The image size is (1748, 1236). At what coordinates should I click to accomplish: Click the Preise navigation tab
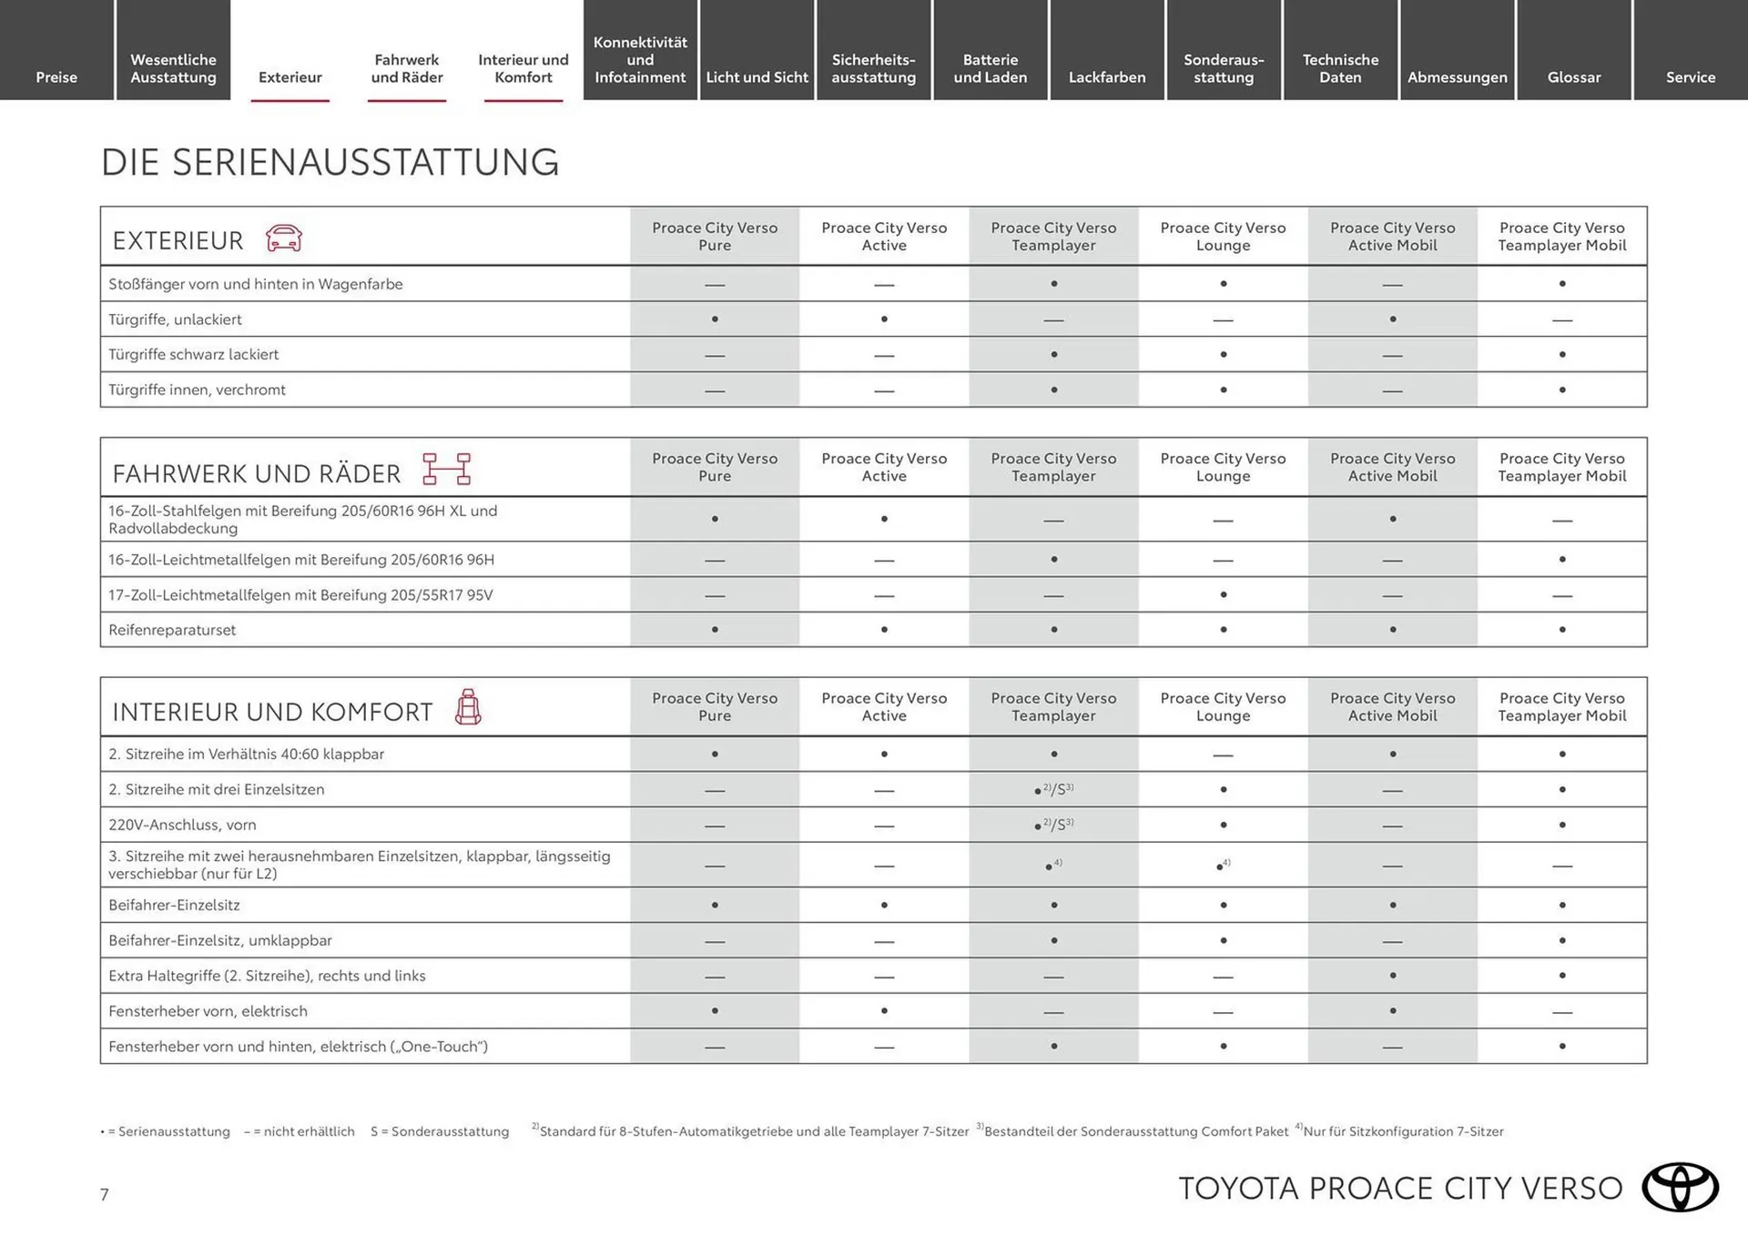click(56, 77)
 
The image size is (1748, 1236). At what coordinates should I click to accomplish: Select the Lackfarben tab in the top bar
click(1107, 77)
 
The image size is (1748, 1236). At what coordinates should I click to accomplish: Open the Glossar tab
click(1573, 77)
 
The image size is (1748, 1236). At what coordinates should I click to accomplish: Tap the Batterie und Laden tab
click(991, 68)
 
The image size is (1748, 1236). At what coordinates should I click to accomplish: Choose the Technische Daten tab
click(1340, 68)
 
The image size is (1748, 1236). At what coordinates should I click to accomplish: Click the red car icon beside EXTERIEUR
click(284, 238)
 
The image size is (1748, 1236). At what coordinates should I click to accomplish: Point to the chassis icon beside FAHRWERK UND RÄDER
click(446, 469)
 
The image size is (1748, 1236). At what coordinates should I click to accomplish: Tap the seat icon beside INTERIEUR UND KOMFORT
click(468, 707)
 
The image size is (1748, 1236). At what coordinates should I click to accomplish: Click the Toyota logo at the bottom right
click(1680, 1188)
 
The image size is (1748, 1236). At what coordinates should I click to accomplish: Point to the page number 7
click(105, 1195)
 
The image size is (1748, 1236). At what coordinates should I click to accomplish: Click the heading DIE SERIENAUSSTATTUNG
click(330, 163)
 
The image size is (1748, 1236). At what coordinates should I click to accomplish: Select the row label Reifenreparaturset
click(172, 630)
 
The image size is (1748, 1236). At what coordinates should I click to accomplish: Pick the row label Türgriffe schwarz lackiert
click(193, 355)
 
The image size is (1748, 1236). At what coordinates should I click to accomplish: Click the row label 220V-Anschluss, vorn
click(182, 826)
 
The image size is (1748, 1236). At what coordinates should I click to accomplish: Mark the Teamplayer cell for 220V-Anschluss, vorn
click(1053, 826)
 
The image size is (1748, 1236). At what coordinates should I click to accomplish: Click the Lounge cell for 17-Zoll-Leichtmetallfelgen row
click(1223, 595)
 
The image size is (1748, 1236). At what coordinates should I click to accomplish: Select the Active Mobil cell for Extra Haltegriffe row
click(1392, 976)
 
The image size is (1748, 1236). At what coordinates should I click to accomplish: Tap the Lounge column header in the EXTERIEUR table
click(1223, 237)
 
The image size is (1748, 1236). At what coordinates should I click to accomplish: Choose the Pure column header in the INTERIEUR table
click(715, 707)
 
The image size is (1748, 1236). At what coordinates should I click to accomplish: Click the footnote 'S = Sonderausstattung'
click(440, 1131)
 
